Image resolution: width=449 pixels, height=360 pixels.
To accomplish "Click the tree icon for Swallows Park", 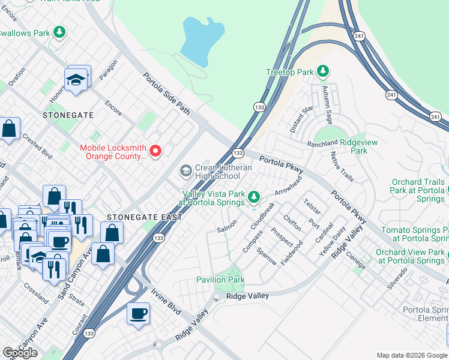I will tap(59, 32).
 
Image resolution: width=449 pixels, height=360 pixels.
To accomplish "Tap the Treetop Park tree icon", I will tap(323, 72).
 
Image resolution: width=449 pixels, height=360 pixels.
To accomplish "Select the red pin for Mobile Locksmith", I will tap(155, 151).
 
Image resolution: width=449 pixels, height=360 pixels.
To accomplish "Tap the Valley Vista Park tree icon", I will tap(254, 196).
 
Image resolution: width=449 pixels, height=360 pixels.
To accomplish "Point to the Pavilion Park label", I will tap(220, 280).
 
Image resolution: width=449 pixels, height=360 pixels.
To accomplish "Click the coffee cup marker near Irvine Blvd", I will tap(139, 314).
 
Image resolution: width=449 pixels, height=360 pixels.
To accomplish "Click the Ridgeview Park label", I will tap(345, 146).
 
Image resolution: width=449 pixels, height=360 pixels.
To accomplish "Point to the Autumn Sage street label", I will tap(334, 100).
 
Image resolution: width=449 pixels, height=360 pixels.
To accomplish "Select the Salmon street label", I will tap(228, 226).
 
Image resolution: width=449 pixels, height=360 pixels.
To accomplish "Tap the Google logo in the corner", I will tap(20, 353).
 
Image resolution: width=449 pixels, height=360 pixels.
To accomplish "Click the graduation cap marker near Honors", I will tap(76, 80).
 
